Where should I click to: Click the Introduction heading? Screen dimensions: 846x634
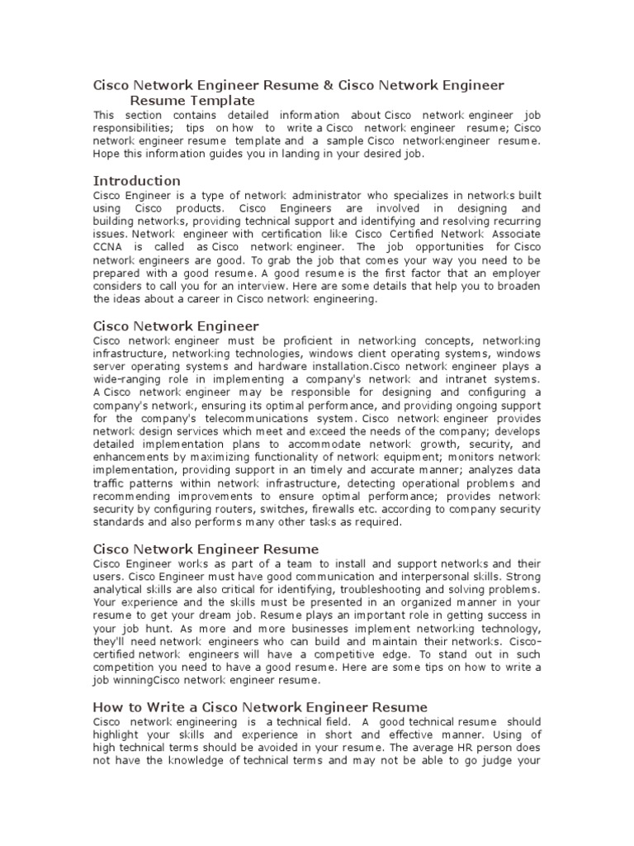(x=136, y=180)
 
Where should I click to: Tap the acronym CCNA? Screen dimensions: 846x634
(x=107, y=246)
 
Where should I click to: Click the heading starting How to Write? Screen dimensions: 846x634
(x=260, y=707)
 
